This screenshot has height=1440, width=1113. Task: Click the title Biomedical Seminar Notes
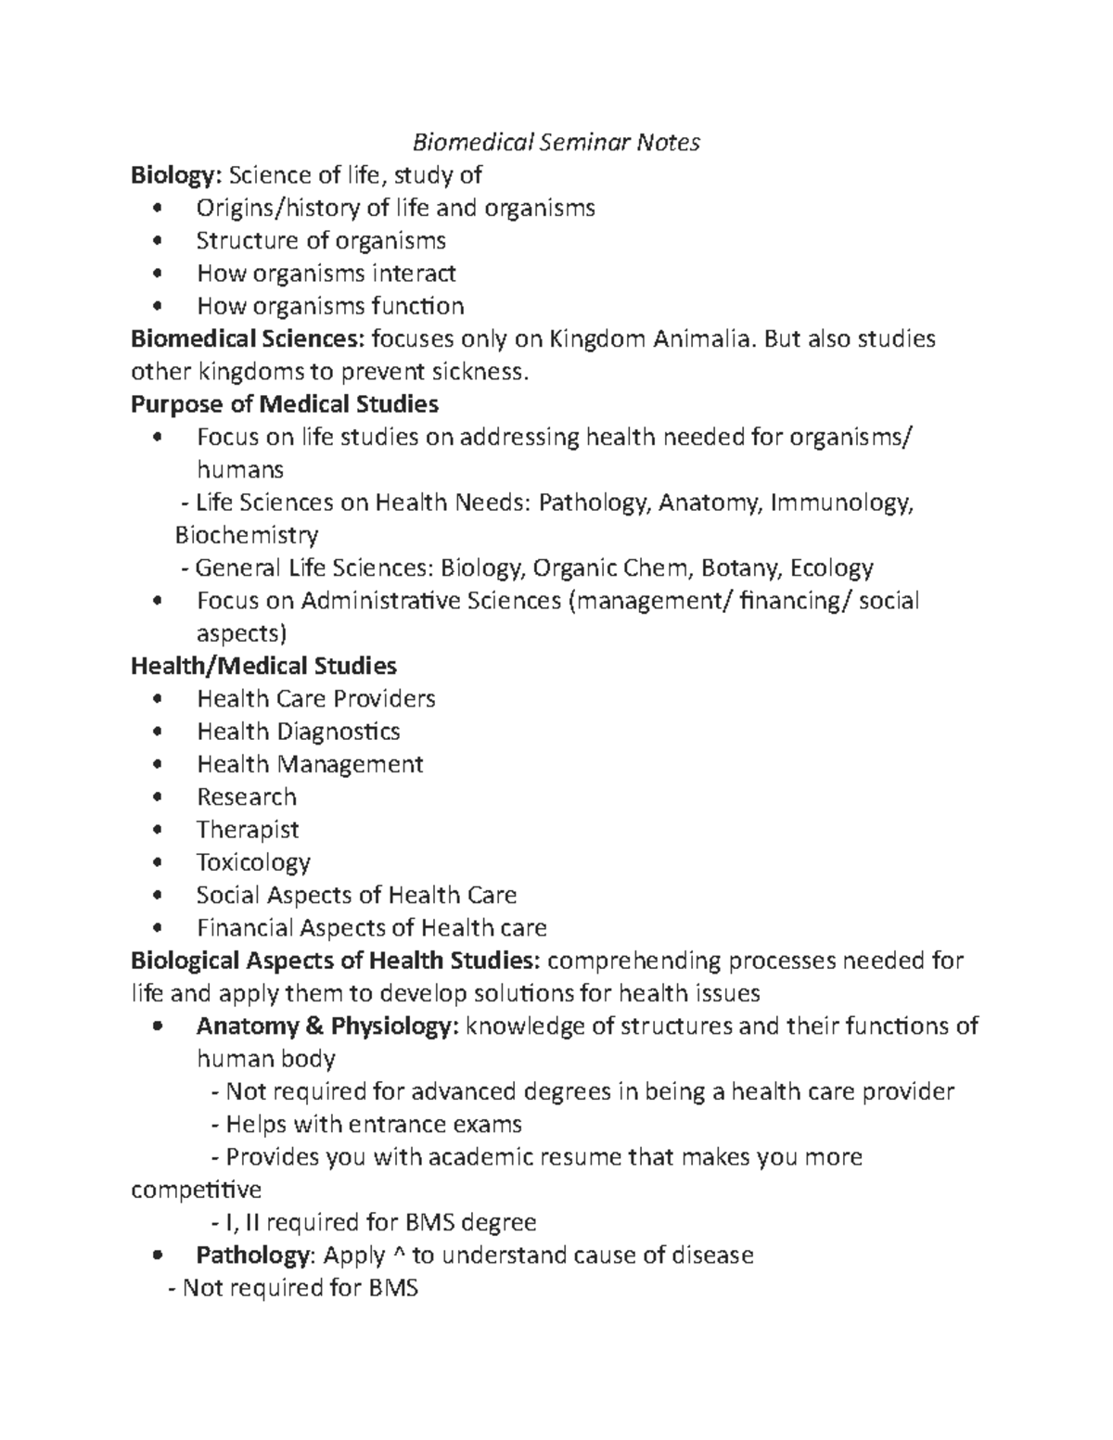(x=556, y=142)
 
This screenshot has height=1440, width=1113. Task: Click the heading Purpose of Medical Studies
(x=285, y=404)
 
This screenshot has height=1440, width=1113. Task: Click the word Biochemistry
(x=247, y=535)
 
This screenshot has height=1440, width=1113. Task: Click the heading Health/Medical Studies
(x=263, y=666)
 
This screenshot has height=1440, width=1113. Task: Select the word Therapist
(x=248, y=830)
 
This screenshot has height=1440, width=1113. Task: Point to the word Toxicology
(x=253, y=862)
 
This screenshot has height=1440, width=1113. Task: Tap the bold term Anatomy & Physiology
(x=326, y=1026)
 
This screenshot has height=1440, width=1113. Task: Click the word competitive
(x=197, y=1190)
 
